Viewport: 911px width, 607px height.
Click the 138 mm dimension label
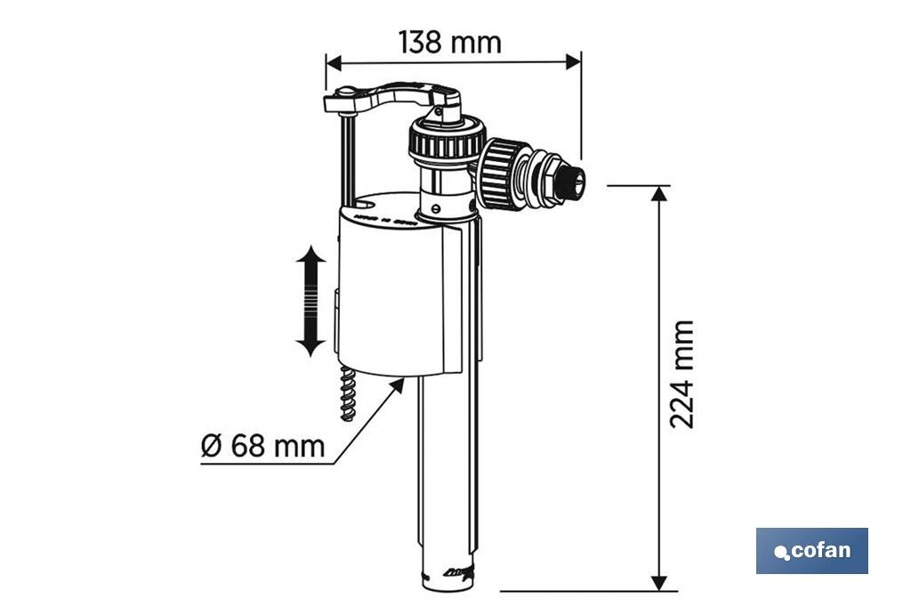(449, 42)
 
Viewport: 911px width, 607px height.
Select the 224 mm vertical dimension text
(681, 374)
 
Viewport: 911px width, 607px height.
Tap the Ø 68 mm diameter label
(262, 445)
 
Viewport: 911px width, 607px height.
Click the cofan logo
(811, 550)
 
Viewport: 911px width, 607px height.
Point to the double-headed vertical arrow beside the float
(310, 303)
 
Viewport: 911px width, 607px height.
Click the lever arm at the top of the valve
(400, 94)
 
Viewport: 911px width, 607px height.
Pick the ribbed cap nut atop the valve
(446, 142)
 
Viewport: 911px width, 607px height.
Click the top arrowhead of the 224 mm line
(658, 194)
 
